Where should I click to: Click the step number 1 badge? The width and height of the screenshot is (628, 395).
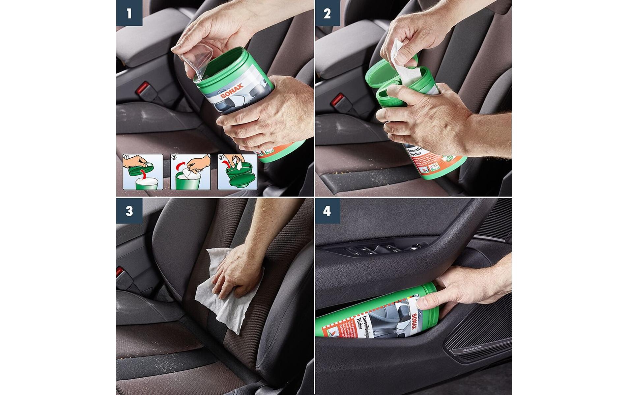tap(129, 13)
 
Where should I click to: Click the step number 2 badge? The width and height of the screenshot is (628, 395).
tap(327, 13)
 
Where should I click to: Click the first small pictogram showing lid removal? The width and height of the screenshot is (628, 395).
tap(143, 172)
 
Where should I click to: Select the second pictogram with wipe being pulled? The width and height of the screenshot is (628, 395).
tap(190, 172)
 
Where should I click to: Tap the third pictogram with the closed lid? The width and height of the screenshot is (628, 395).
tap(237, 172)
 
